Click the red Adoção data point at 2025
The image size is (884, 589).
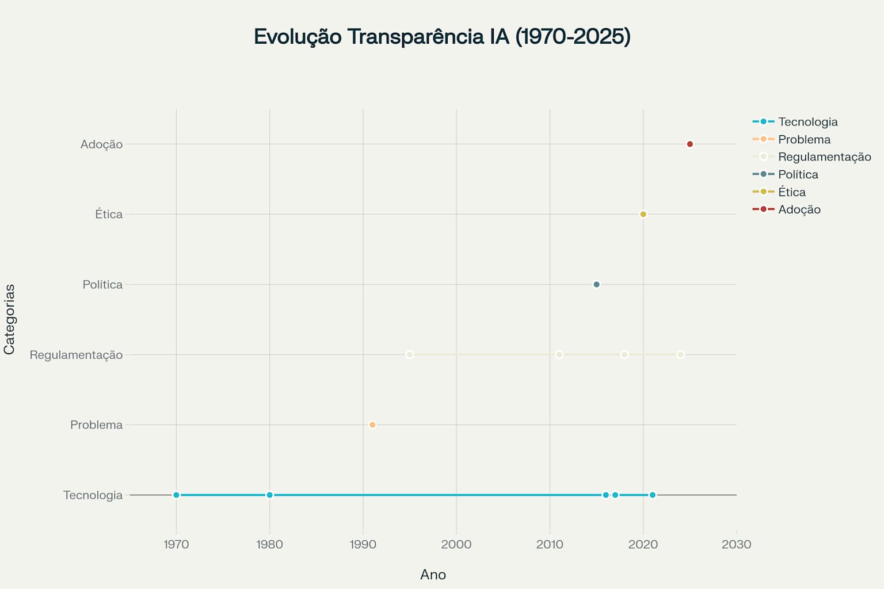pos(690,144)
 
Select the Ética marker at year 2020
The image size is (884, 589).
pos(643,215)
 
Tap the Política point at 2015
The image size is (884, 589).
pos(596,285)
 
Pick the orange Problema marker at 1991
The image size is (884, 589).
pos(372,425)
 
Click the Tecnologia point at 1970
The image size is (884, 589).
pos(176,495)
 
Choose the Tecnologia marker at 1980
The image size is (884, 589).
pos(269,495)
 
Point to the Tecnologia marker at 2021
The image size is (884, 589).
pos(652,495)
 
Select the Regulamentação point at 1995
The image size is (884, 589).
pos(410,355)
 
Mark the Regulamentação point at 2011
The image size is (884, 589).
pos(559,355)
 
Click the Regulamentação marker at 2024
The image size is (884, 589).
pos(680,355)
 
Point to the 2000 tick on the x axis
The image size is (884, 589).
pos(456,544)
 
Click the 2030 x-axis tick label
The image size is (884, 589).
pos(736,544)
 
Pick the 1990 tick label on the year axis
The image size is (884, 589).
pos(363,544)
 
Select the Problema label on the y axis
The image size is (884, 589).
pos(97,425)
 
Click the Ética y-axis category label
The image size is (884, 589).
pos(109,215)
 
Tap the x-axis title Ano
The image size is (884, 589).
pos(433,575)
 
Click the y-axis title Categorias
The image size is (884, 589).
pos(9,319)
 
